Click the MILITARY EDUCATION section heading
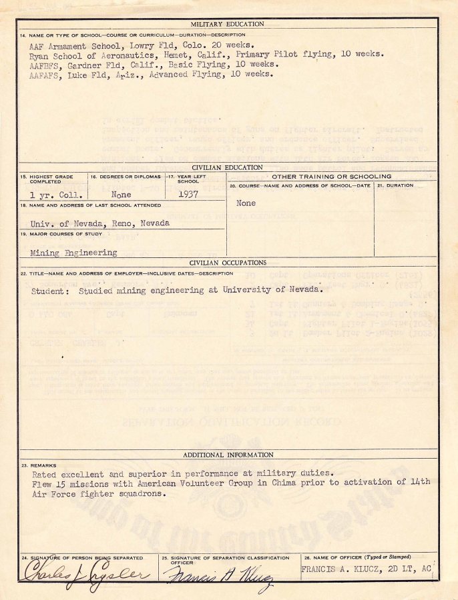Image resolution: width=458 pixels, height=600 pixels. tap(228, 24)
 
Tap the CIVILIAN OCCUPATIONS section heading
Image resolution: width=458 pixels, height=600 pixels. tap(228, 263)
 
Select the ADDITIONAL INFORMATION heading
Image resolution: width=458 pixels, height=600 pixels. tap(228, 455)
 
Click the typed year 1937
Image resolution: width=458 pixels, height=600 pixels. tap(190, 195)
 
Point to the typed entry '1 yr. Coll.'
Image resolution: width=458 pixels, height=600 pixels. tap(56, 195)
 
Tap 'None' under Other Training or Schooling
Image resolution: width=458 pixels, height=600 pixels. tap(246, 203)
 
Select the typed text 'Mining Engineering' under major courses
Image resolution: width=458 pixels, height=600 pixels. tap(73, 253)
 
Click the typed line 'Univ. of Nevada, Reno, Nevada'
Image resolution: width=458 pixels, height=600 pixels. tap(99, 223)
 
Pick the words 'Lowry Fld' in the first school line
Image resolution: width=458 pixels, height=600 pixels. tap(151, 45)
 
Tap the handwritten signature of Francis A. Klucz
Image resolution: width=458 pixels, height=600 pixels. tap(217, 575)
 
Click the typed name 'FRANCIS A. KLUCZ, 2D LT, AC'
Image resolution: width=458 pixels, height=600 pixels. tap(366, 569)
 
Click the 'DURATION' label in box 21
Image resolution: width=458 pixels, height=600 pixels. tap(401, 185)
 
